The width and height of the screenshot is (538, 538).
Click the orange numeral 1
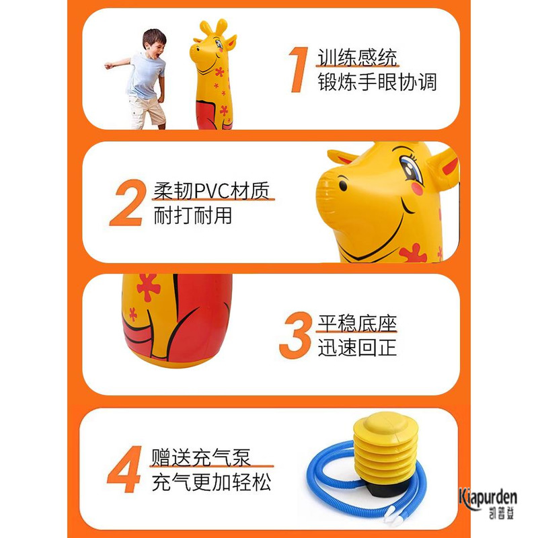299,70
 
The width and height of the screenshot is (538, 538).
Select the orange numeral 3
295,335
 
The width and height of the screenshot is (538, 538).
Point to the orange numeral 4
124,469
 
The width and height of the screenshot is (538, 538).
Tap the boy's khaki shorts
147,110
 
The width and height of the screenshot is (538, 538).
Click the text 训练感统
357,57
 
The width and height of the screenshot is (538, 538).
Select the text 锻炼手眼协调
377,82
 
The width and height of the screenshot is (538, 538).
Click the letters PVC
212,191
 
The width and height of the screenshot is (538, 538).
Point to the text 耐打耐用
192,215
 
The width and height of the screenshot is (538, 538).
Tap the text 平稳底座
357,323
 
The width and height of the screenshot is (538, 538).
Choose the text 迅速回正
357,348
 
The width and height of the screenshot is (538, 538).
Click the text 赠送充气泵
201,457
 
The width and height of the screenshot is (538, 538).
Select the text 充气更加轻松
211,482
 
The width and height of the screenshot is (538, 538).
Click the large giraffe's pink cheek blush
417,189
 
